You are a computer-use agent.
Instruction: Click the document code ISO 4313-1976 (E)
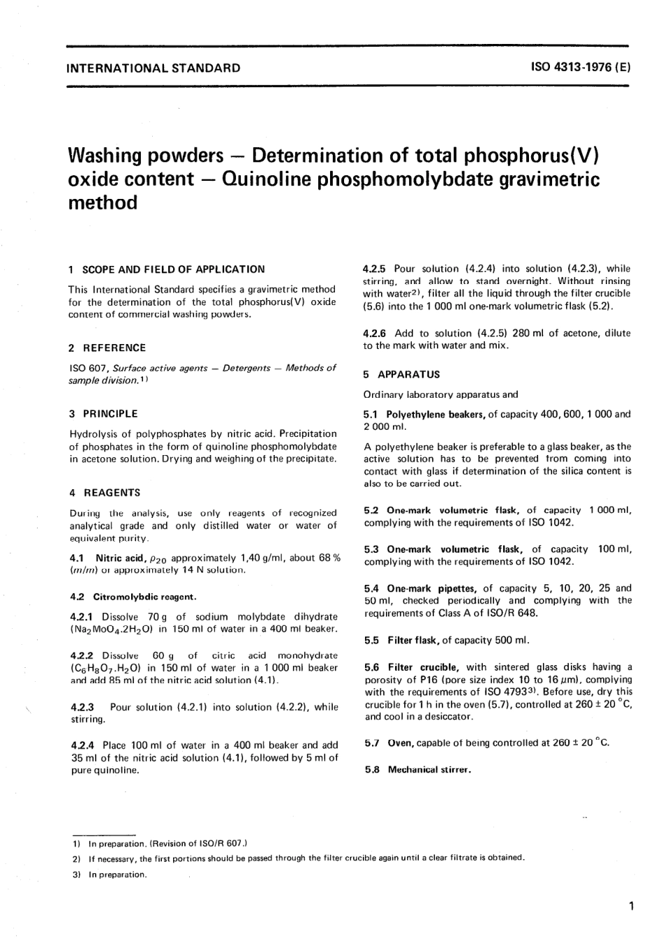[x=581, y=68]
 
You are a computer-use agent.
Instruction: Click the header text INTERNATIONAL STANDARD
[x=154, y=68]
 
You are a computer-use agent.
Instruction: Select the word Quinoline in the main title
[x=262, y=179]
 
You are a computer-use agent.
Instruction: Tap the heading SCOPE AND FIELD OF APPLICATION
[x=173, y=269]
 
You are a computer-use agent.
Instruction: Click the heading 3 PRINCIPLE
[x=103, y=413]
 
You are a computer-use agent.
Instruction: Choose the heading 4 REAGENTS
[x=105, y=492]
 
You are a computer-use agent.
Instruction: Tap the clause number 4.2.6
[x=376, y=333]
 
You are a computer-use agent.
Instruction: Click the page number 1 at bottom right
[x=630, y=907]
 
